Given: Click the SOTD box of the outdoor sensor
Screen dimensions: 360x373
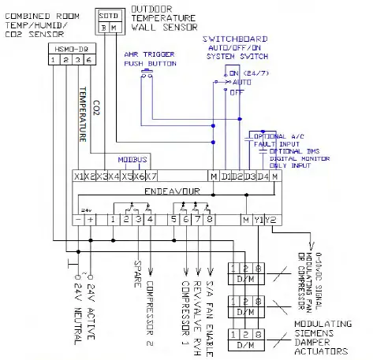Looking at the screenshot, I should pyautogui.click(x=109, y=15).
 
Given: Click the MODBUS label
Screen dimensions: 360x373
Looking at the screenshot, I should pyautogui.click(x=132, y=158).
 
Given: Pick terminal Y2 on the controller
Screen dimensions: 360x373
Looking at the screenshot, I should pyautogui.click(x=270, y=219).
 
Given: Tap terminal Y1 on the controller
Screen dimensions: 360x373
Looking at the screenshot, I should pyautogui.click(x=258, y=219).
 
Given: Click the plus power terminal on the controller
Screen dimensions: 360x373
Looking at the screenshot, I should pyautogui.click(x=90, y=219).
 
